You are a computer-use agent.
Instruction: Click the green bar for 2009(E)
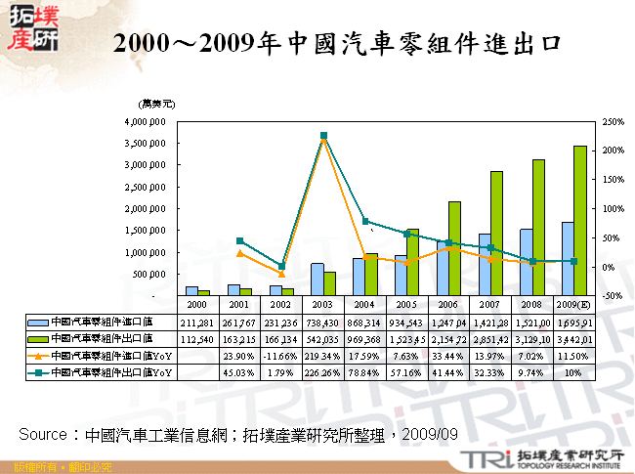pos(579,221)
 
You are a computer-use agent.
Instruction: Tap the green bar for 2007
pos(496,234)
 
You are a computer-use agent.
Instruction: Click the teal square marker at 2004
pos(365,222)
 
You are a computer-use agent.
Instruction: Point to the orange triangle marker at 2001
pos(239,253)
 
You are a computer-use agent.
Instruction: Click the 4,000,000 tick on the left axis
pos(146,122)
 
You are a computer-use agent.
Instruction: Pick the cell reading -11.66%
pos(280,356)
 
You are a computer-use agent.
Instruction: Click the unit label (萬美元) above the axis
pos(157,103)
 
